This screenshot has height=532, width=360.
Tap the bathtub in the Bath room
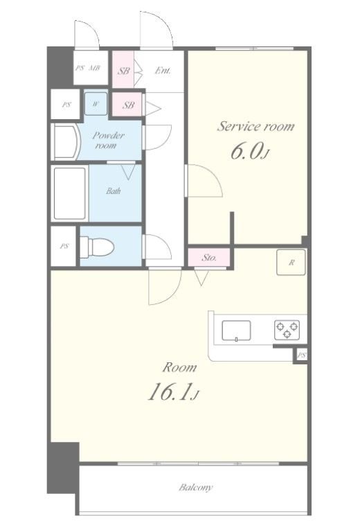70,193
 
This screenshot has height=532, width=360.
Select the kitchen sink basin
236,330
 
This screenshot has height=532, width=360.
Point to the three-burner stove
287,330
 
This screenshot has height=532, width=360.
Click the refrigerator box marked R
291,263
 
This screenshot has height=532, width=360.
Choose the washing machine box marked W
96,103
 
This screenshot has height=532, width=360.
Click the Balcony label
196,488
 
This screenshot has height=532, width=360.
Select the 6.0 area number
250,151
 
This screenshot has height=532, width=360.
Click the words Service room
255,126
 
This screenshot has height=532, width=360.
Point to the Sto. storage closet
209,258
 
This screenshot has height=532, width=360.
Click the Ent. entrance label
163,71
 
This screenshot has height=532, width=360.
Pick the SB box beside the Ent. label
123,69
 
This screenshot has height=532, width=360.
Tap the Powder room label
108,141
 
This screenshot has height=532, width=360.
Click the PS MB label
88,68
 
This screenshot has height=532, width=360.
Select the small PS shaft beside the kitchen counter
301,355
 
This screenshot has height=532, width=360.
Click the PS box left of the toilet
64,247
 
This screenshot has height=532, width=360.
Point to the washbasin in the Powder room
66,143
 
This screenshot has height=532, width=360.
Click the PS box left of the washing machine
66,105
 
